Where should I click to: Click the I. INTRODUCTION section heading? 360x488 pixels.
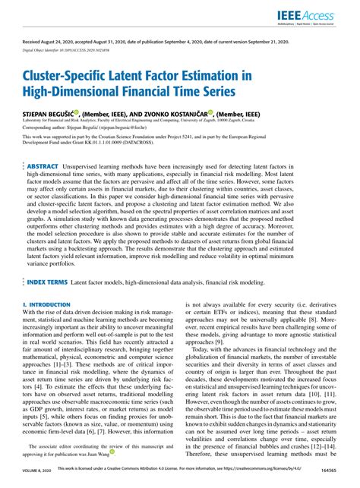click(x=44, y=303)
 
